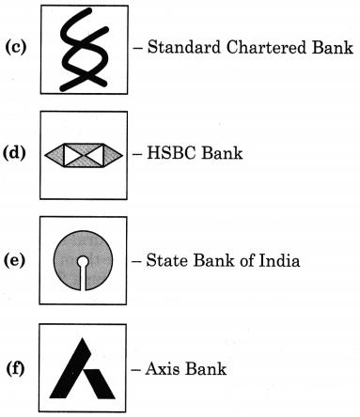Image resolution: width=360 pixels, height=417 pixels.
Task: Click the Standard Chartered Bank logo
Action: click(82, 48)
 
